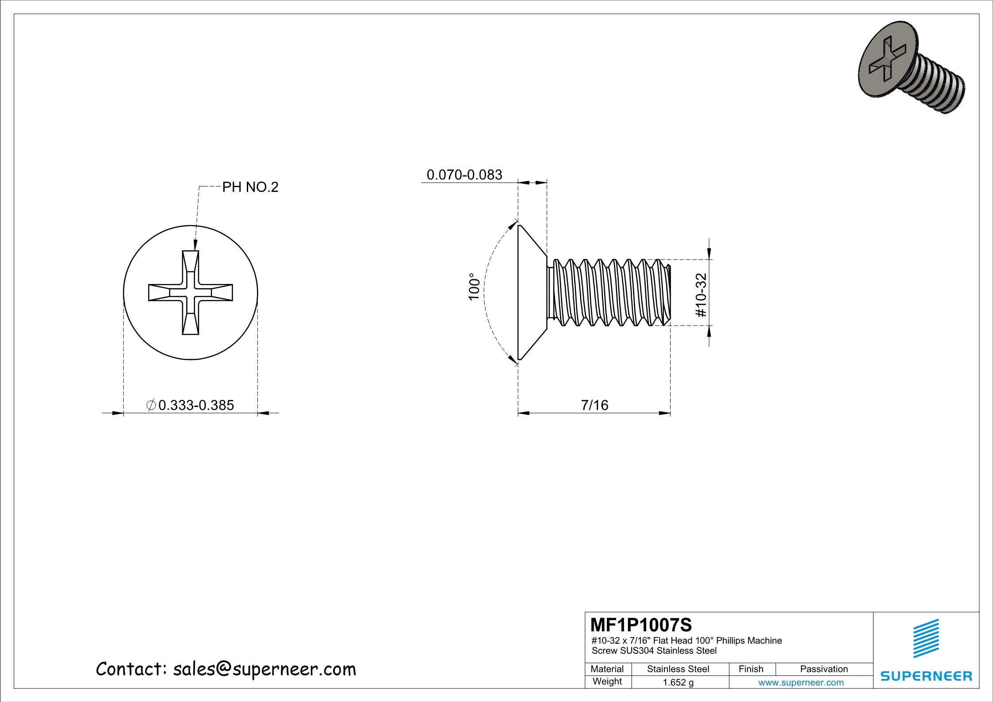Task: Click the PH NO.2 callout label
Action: pyautogui.click(x=250, y=188)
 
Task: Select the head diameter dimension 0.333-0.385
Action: pyautogui.click(x=196, y=405)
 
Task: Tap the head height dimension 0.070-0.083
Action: pyautogui.click(x=464, y=175)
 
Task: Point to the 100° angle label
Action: pyautogui.click(x=474, y=287)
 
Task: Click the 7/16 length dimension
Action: pyautogui.click(x=594, y=405)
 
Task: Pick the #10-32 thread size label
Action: pyautogui.click(x=702, y=295)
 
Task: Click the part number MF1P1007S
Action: pyautogui.click(x=641, y=625)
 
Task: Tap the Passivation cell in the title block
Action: pyautogui.click(x=824, y=669)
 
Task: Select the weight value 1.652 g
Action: pyautogui.click(x=678, y=683)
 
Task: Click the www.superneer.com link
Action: pyautogui.click(x=801, y=683)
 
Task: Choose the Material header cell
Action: pyautogui.click(x=607, y=669)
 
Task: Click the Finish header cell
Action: pyautogui.click(x=751, y=669)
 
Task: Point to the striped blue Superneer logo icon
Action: pyautogui.click(x=926, y=638)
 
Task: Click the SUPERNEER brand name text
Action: pyautogui.click(x=926, y=676)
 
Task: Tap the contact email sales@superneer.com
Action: pyautogui.click(x=264, y=670)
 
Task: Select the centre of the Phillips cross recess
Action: pyautogui.click(x=191, y=292)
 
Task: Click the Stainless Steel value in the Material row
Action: pyautogui.click(x=678, y=669)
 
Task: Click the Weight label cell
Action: pyautogui.click(x=607, y=682)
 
